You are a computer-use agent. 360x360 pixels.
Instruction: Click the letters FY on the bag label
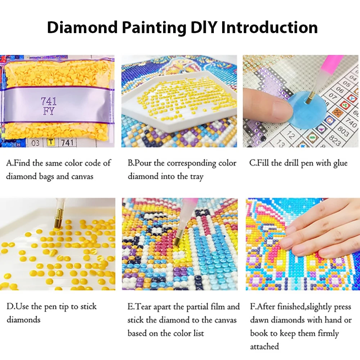[x=49, y=111]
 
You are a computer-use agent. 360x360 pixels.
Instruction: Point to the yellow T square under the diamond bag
[x=51, y=142]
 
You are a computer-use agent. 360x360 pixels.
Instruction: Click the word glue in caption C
[x=339, y=163]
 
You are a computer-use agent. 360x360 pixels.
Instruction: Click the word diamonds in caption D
[x=23, y=320]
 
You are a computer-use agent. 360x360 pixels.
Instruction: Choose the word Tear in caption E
[x=144, y=307]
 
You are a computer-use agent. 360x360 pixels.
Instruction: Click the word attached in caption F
[x=265, y=346]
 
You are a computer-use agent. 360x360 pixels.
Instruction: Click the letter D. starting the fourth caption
[x=10, y=307]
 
